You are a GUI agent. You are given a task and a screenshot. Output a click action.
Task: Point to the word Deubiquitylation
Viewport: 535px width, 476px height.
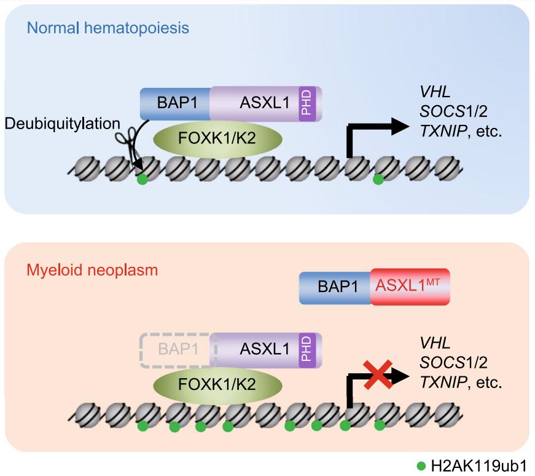62,124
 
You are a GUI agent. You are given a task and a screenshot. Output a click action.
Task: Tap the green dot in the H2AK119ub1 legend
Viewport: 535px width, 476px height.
421,466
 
